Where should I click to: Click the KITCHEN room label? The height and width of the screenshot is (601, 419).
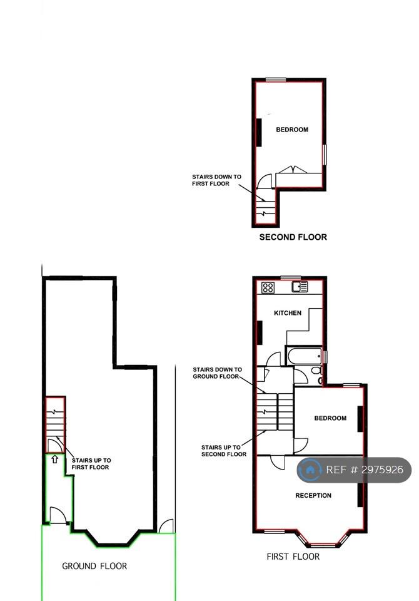[x=288, y=313]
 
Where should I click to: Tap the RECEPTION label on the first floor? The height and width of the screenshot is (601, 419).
[x=313, y=496]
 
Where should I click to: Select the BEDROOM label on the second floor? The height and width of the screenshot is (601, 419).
[x=292, y=130]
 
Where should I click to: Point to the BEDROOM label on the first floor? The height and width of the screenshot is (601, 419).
[x=330, y=418]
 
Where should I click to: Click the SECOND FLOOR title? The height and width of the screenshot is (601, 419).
[x=293, y=237]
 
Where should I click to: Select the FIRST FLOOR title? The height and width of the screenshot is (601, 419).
[x=293, y=557]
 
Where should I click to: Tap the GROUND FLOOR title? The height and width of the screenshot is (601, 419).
[x=94, y=566]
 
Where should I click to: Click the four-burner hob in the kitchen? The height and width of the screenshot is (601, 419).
[x=268, y=287]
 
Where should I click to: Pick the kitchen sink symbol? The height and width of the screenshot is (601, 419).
[x=300, y=287]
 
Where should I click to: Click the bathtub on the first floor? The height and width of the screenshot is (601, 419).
[x=304, y=356]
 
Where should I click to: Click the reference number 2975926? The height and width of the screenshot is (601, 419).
[x=365, y=470]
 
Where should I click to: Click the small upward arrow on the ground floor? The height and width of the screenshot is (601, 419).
[x=55, y=459]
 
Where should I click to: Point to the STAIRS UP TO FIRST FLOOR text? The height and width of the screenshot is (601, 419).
[x=91, y=464]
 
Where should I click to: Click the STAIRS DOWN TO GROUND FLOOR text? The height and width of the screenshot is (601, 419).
[x=217, y=373]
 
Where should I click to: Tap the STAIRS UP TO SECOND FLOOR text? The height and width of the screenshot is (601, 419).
[x=224, y=451]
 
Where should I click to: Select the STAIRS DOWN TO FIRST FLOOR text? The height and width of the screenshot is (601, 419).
[x=217, y=180]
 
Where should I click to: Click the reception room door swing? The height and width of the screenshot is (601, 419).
[x=278, y=461]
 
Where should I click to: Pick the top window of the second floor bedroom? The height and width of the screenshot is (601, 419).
[x=276, y=80]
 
